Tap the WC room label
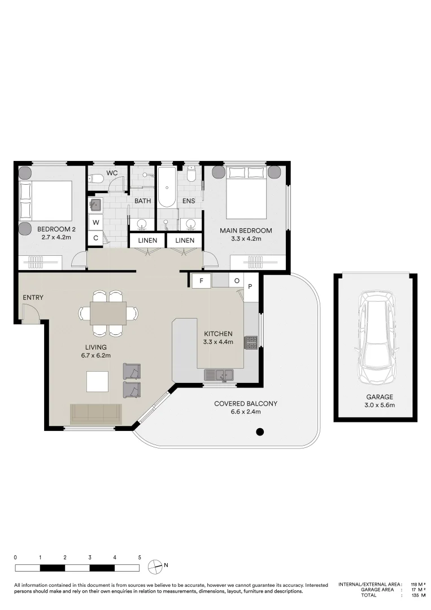[112, 173]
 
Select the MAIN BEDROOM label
[246, 230]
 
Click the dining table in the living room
[108, 313]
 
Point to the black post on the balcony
[260, 432]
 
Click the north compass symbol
[155, 567]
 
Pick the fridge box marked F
[202, 281]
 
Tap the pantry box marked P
[250, 286]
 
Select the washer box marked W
[95, 223]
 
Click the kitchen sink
[219, 375]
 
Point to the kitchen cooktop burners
[250, 342]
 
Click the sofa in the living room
[95, 414]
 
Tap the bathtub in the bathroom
[167, 188]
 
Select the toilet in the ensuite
[190, 175]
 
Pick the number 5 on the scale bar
[140, 557]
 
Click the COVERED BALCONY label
[246, 403]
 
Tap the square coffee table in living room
[97, 382]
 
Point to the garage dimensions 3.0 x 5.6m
[379, 405]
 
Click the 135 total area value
[415, 595]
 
